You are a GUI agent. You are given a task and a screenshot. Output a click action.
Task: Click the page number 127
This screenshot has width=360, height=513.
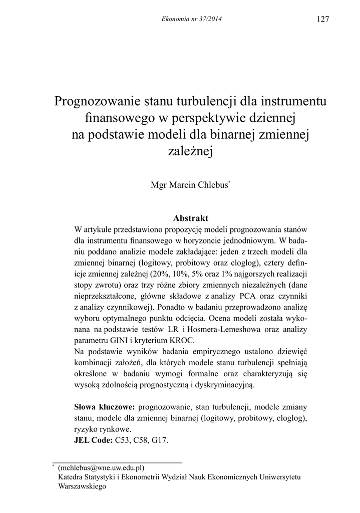pyautogui.click(x=323, y=19)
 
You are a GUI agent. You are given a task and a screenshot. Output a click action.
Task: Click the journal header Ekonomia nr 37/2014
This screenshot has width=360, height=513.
pyautogui.click(x=192, y=19)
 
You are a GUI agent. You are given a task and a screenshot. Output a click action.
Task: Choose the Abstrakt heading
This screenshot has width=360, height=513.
pyautogui.click(x=190, y=218)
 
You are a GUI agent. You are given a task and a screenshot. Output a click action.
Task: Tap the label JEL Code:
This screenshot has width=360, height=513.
pyautogui.click(x=93, y=440)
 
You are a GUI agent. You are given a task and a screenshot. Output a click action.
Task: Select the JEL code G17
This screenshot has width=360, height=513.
pyautogui.click(x=160, y=440)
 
